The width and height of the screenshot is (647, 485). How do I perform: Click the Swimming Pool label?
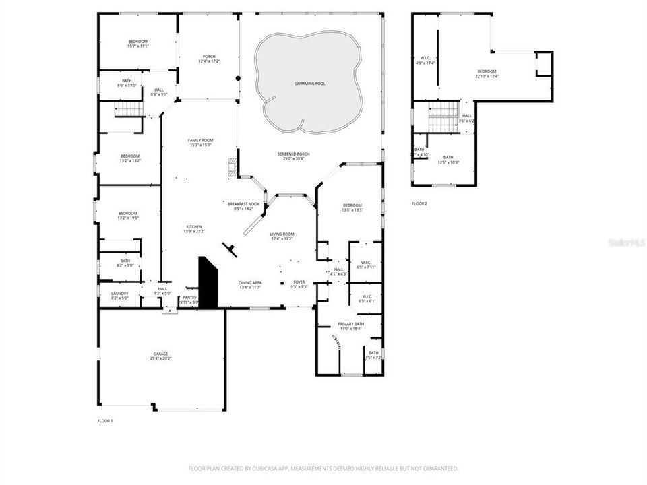pyautogui.click(x=309, y=84)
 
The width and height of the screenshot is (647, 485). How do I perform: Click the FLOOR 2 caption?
pyautogui.click(x=419, y=203)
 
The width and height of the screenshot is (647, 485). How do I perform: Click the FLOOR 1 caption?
pyautogui.click(x=105, y=420)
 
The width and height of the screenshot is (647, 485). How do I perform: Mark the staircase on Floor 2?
pyautogui.click(x=444, y=115)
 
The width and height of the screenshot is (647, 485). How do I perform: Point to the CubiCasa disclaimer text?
pyautogui.click(x=323, y=468)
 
